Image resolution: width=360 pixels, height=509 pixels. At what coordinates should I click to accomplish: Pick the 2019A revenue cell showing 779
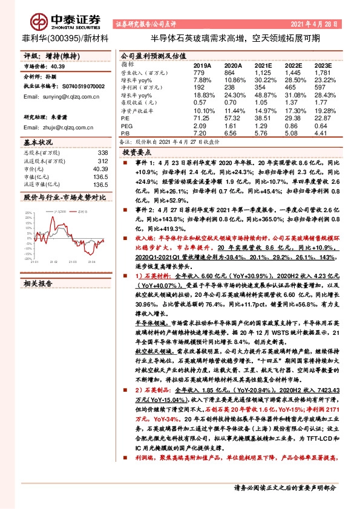pos(201,72)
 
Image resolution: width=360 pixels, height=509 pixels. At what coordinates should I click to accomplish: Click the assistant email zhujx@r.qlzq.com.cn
pos(61,128)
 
